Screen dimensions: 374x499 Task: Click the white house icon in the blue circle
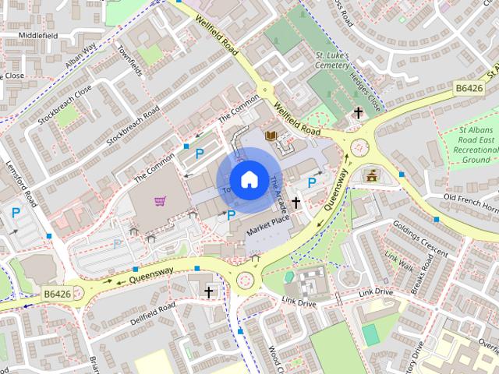249,179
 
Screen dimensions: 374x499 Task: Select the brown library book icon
271,137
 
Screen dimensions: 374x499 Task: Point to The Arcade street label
280,196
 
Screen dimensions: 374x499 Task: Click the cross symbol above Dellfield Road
208,292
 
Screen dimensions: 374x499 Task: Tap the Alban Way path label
81,57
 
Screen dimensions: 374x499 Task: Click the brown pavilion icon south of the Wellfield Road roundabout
371,174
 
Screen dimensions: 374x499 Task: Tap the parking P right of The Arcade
312,182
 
